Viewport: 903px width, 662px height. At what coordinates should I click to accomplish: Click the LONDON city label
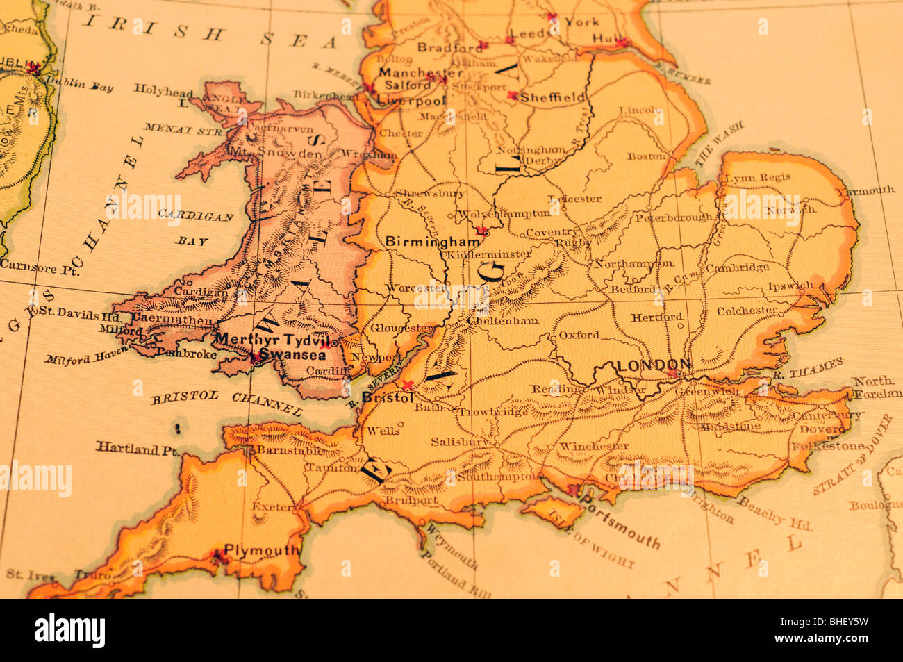[654, 365]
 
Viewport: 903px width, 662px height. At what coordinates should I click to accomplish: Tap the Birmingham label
[432, 242]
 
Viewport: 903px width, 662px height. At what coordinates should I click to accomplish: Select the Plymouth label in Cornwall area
[262, 550]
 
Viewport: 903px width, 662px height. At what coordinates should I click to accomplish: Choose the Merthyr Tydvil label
[272, 339]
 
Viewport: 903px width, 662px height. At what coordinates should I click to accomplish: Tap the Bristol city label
[388, 398]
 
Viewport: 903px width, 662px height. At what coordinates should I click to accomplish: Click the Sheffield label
[552, 97]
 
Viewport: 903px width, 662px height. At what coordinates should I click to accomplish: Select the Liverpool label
[411, 100]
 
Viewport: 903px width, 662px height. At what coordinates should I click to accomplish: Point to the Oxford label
[579, 335]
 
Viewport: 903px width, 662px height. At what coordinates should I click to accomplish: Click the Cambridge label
[737, 267]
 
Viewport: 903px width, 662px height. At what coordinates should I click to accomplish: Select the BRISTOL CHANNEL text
[226, 402]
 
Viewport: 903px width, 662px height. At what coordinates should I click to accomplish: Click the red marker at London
[672, 374]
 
